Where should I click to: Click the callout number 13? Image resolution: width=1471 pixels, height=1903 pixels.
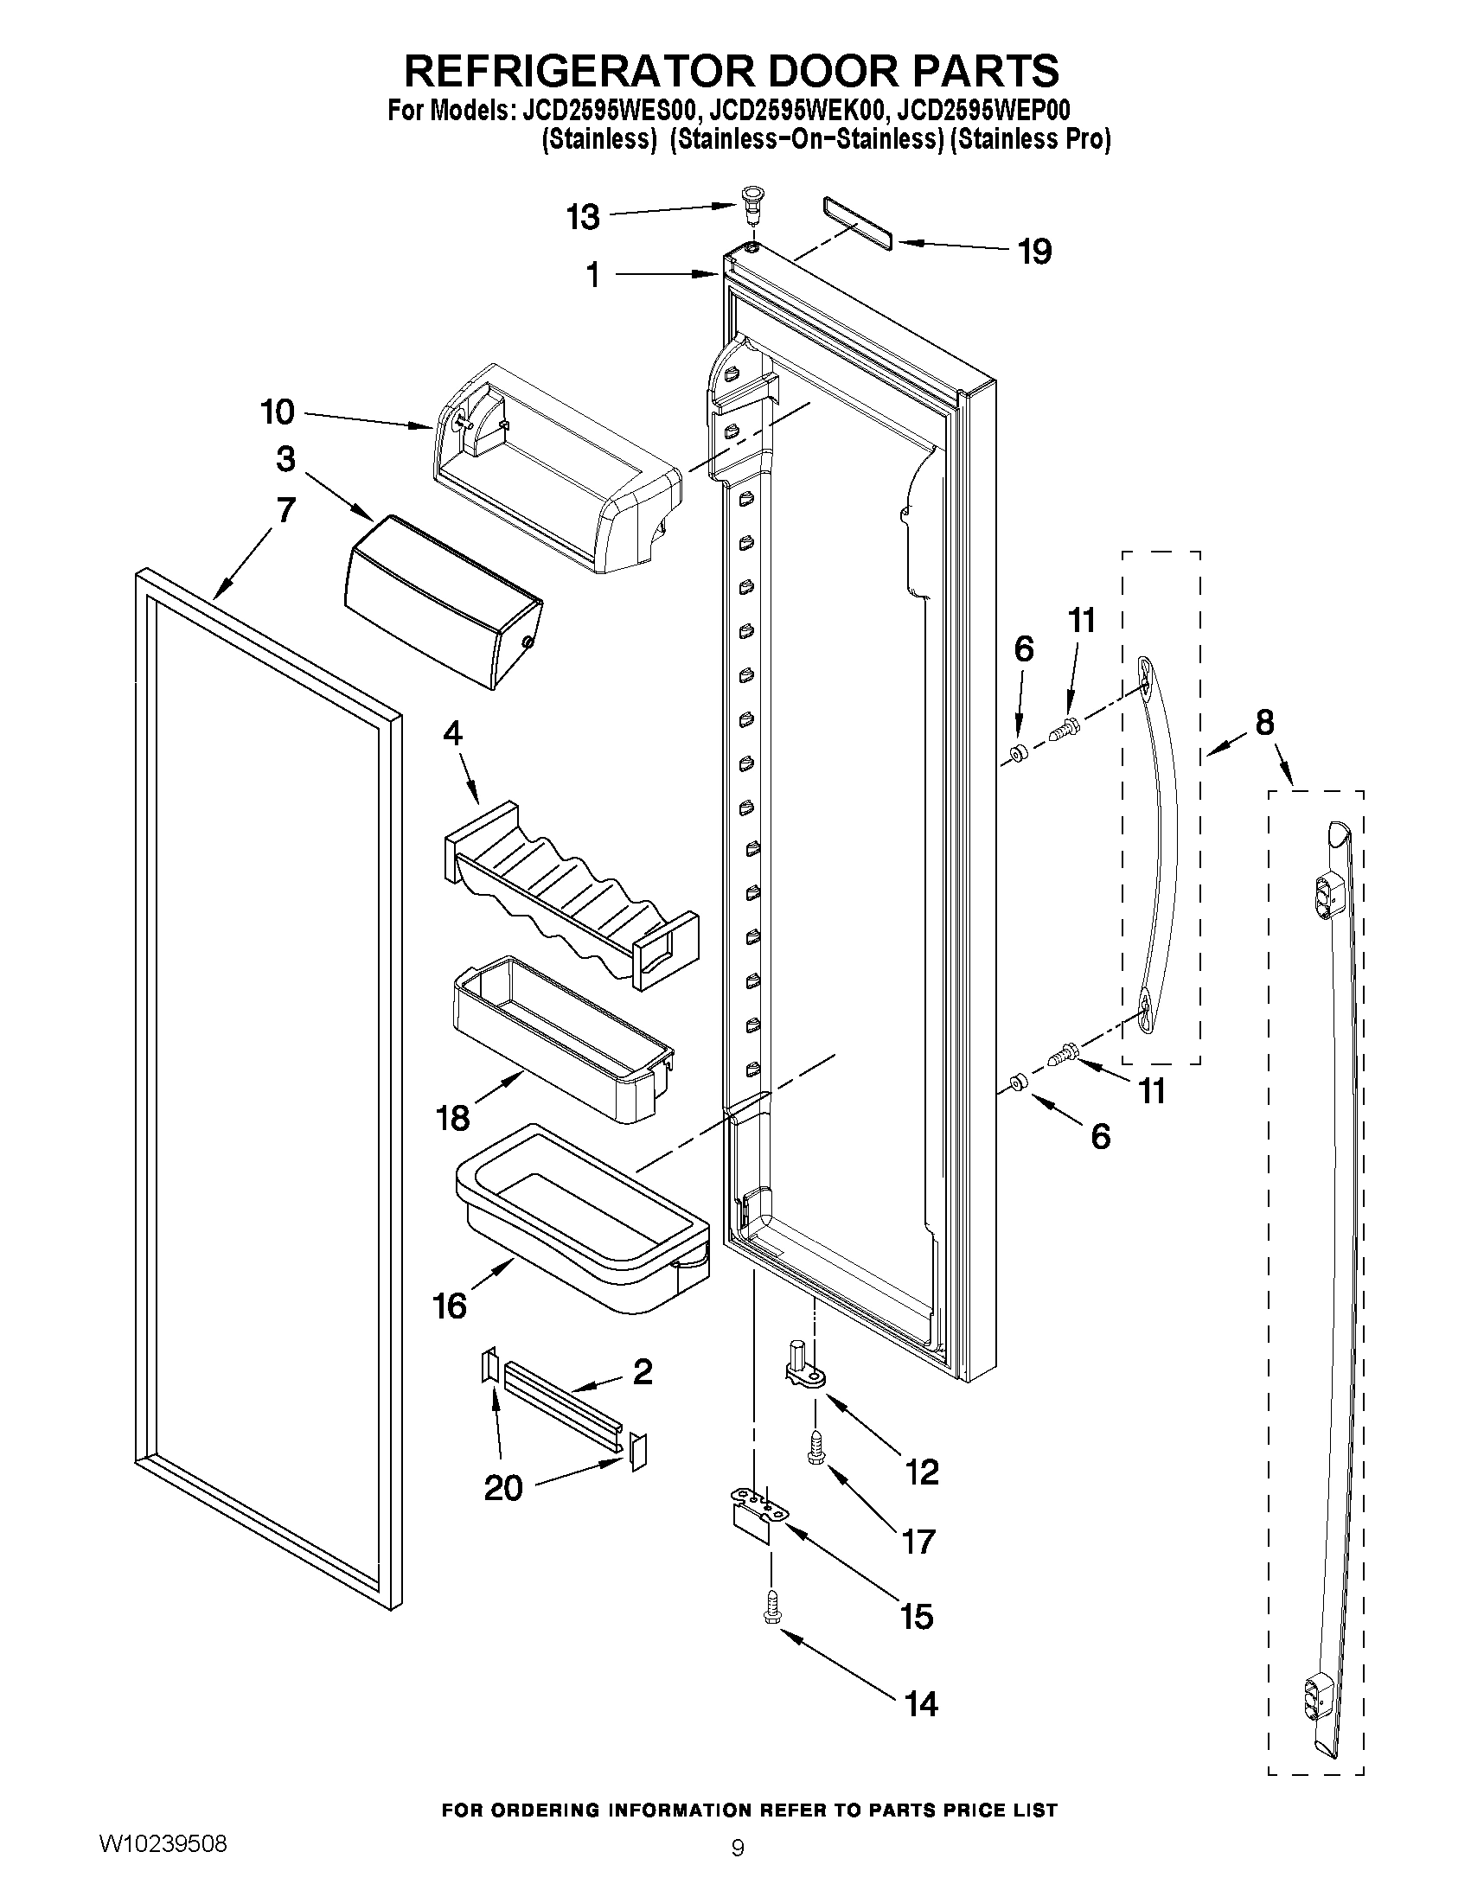click(583, 217)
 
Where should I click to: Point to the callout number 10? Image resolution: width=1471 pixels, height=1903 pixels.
click(278, 412)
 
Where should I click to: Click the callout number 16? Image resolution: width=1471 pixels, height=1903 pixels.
click(450, 1330)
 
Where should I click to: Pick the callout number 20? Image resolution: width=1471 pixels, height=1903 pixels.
click(502, 1487)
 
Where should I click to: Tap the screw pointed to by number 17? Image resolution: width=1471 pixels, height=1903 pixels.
click(816, 1451)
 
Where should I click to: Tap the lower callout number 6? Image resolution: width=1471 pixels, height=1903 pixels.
click(1101, 1135)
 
